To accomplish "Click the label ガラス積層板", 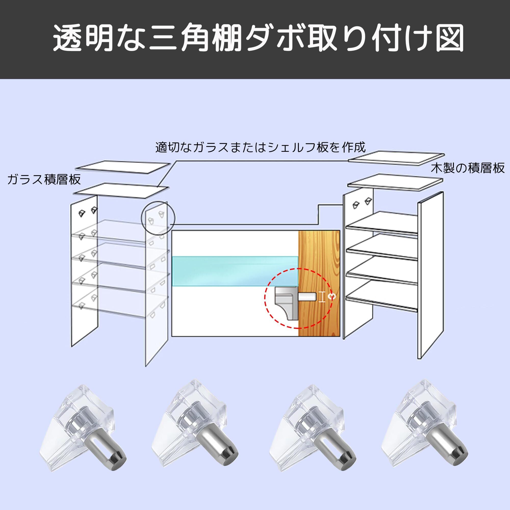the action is tap(44, 180).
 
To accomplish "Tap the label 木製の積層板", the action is tap(468, 168).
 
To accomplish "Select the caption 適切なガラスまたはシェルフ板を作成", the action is tap(260, 147).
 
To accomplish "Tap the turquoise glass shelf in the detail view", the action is tap(235, 271).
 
